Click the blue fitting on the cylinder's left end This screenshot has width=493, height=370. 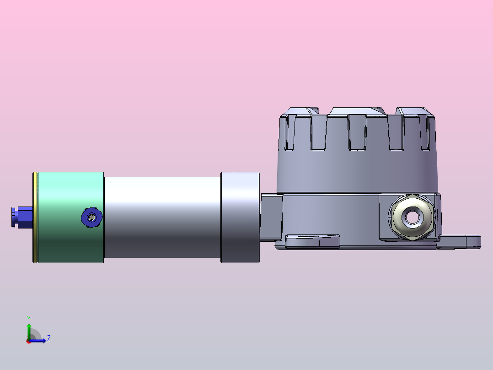22,217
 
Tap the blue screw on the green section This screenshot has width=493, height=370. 91,217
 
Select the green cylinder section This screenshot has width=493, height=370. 71,217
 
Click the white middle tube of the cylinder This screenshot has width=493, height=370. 162,217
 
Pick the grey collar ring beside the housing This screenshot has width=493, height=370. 240,217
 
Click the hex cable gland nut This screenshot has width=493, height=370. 412,217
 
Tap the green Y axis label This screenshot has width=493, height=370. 29,318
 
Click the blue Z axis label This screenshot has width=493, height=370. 49,338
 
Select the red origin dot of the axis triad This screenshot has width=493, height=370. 29,341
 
